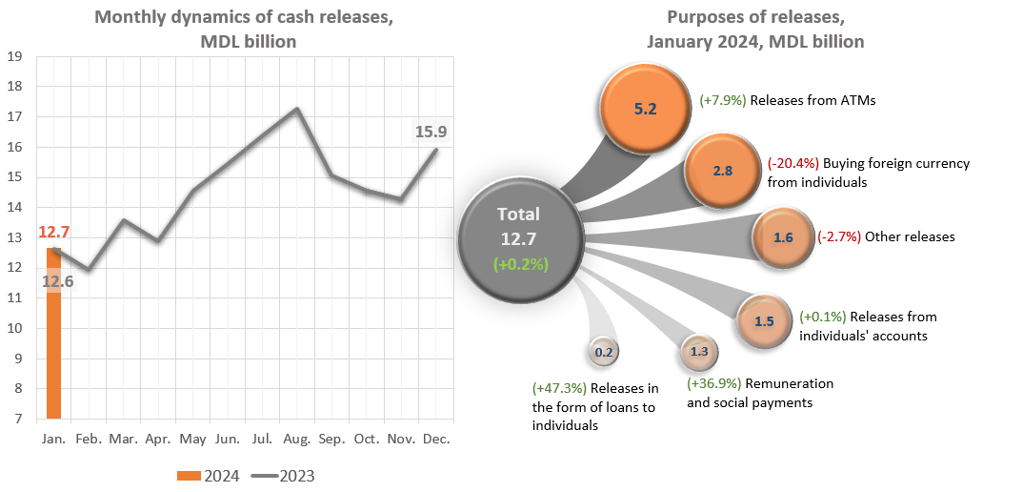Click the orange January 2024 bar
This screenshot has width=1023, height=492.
[53, 334]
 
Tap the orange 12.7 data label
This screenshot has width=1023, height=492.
[54, 232]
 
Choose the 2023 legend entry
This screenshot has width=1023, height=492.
[285, 476]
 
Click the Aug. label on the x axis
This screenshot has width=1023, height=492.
[297, 439]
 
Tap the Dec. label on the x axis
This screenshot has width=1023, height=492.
[435, 439]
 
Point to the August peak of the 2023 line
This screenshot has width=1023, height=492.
[296, 109]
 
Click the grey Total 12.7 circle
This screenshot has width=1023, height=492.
[519, 238]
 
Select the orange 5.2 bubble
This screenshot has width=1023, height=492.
[646, 109]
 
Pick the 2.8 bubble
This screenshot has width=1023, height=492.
[723, 172]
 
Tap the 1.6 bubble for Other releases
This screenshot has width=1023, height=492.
[783, 237]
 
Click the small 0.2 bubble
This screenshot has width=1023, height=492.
[604, 352]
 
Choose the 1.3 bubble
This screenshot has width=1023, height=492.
[698, 352]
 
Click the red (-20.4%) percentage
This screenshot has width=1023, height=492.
[792, 163]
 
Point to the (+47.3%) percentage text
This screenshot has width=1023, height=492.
[559, 388]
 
